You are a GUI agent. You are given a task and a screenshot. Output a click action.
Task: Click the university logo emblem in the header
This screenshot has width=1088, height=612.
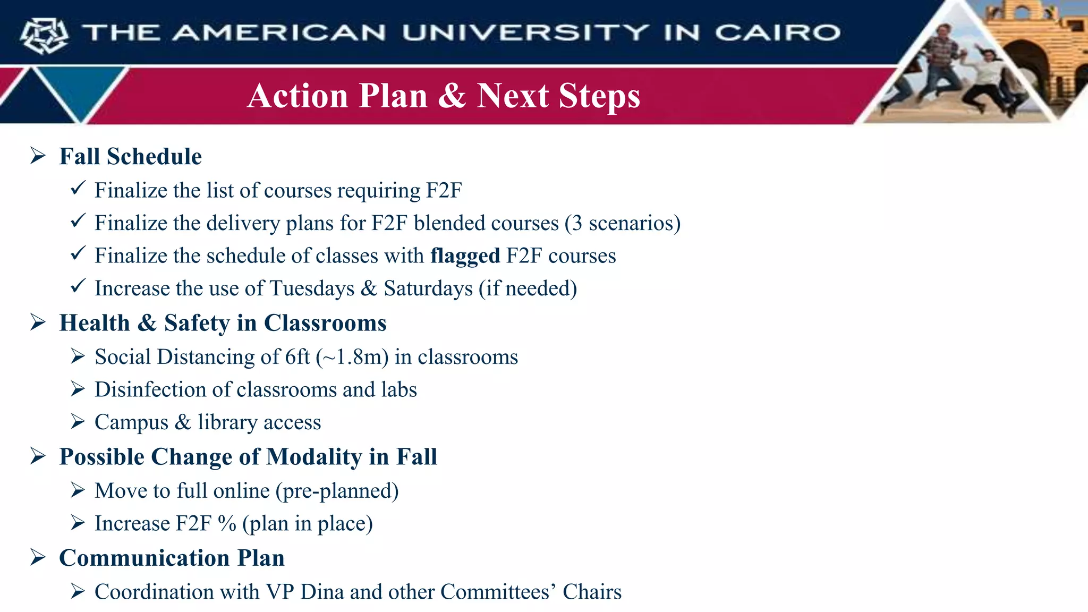coord(44,35)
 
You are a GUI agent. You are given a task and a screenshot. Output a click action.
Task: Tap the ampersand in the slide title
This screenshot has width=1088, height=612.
coord(452,96)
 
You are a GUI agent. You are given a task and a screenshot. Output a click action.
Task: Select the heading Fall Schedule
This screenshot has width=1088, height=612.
coord(130,157)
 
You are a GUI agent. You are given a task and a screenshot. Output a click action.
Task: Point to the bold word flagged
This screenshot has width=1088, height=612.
coord(465,256)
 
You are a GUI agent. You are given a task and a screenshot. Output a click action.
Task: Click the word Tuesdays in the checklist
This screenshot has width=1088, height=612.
coord(312,288)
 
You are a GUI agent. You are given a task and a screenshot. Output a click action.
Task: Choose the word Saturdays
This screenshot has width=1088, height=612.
coord(428,288)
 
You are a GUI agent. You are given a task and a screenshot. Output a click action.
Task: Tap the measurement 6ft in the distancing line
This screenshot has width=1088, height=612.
coord(297,357)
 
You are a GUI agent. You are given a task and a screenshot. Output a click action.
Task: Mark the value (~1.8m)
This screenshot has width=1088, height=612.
coord(353,357)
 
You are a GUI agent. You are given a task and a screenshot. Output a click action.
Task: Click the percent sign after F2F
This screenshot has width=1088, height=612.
coord(227,524)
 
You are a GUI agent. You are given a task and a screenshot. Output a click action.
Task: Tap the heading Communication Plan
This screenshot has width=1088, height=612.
coord(172,558)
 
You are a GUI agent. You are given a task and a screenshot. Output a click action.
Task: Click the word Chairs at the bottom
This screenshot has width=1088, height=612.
coord(592,592)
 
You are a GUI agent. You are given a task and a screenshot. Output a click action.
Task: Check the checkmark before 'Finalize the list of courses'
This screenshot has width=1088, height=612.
coord(78,188)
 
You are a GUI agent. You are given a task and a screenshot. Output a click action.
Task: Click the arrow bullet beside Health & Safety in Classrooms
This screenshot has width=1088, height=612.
coord(38,322)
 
